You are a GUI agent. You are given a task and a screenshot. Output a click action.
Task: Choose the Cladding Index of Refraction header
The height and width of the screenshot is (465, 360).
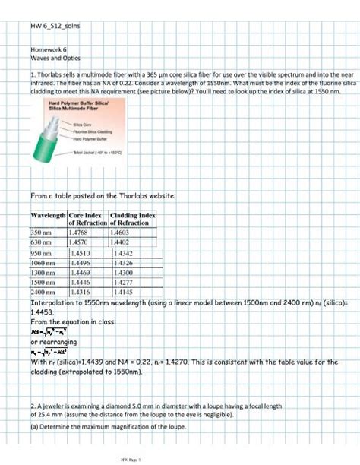pyautogui.click(x=133, y=220)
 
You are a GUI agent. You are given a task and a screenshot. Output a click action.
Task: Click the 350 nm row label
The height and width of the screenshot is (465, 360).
pyautogui.click(x=40, y=231)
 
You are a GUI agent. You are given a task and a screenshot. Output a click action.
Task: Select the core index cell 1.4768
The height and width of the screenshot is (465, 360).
pyautogui.click(x=80, y=231)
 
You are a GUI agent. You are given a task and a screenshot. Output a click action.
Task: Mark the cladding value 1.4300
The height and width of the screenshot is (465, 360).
pyautogui.click(x=123, y=272)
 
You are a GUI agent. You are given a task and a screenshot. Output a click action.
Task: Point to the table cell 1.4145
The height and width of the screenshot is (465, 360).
pyautogui.click(x=123, y=292)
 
